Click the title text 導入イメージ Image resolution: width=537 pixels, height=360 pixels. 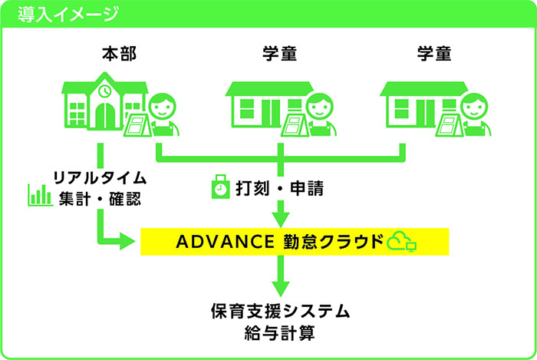tap(68, 15)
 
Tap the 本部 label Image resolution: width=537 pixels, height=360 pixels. tap(119, 54)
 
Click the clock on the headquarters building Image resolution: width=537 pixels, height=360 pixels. tap(104, 91)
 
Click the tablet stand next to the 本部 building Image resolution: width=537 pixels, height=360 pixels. tap(137, 125)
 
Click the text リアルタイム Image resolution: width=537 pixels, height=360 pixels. tap(100, 178)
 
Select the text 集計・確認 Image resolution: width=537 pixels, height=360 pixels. tap(100, 199)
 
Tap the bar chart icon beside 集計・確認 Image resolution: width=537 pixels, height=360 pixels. tap(40, 195)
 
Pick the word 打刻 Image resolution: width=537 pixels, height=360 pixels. tap(252, 188)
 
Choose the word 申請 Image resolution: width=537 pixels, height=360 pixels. tap(307, 188)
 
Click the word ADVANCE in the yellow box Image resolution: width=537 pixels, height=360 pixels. tap(225, 242)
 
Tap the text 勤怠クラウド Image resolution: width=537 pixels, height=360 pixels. tap(333, 242)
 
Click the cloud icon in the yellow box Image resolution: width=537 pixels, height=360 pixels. tap(399, 240)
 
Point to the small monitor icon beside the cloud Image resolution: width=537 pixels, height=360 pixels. tap(411, 246)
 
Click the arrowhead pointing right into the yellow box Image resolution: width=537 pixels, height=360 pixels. tap(127, 241)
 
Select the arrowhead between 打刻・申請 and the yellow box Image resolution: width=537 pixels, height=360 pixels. tap(281, 220)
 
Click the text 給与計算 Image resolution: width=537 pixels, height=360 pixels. tap(280, 333)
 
